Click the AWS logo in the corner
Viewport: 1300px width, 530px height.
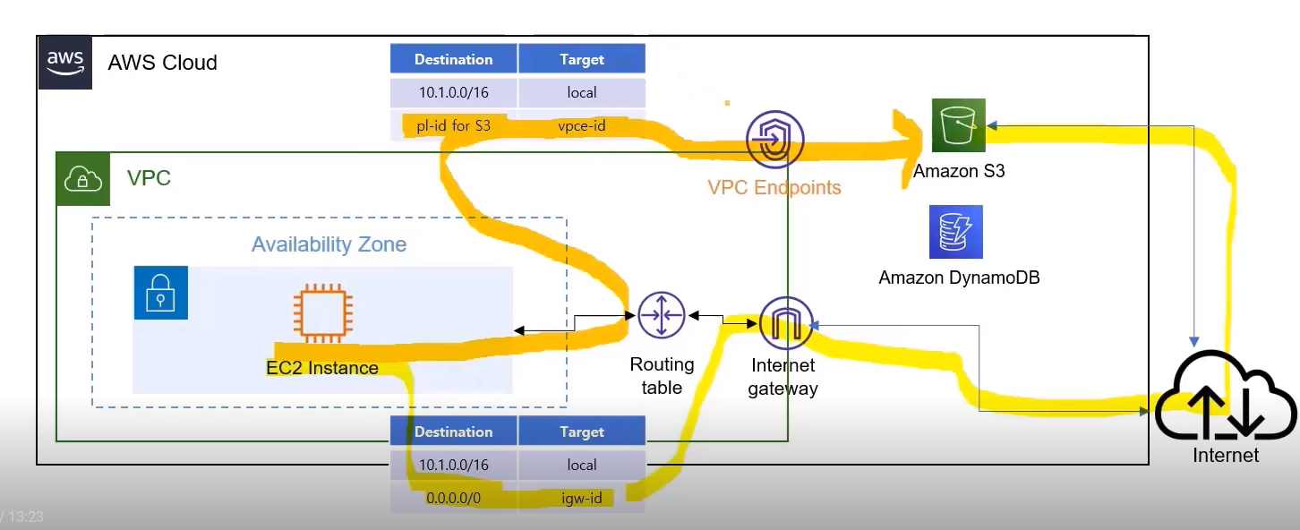[65, 63]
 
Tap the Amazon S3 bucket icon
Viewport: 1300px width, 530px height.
[958, 125]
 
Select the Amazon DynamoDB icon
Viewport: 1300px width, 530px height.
[955, 232]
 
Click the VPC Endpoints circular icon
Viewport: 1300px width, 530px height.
[774, 140]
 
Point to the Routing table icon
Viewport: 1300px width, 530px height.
[662, 315]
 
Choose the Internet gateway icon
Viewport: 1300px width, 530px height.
[785, 322]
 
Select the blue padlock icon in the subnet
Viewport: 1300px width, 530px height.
[160, 292]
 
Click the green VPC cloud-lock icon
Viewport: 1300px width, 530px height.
[83, 179]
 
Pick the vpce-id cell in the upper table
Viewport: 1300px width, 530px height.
[582, 125]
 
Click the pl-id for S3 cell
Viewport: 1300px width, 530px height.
[454, 125]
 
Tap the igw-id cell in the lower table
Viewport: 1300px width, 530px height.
[582, 497]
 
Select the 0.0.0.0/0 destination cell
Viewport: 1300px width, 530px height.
[454, 497]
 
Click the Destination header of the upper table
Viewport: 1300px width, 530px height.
[454, 60]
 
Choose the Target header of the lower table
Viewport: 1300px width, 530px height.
[582, 432]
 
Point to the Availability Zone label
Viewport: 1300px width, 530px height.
[329, 244]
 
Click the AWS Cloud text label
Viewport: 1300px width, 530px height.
[162, 63]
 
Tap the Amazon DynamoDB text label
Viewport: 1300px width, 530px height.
[959, 278]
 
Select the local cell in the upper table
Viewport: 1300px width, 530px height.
[582, 92]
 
